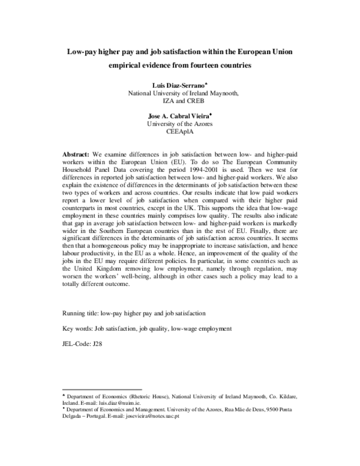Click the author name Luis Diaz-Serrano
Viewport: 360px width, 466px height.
178,85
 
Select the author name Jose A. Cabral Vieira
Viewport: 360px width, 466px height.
179,116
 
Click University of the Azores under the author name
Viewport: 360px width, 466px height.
180,124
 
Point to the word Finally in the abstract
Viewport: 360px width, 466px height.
251,241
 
